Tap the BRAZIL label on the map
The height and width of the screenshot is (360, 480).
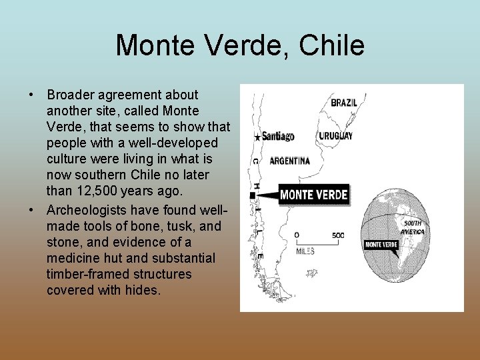click(x=344, y=103)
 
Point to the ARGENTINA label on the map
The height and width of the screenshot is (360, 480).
click(x=289, y=161)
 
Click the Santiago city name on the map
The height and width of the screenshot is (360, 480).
click(x=278, y=137)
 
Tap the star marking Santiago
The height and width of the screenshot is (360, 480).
click(x=257, y=137)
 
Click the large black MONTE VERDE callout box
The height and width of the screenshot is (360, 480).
click(x=313, y=195)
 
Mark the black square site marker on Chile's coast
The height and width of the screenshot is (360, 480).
click(x=252, y=195)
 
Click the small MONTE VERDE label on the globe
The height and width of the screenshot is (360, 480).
click(x=381, y=245)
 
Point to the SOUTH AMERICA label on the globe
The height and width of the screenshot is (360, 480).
click(x=412, y=227)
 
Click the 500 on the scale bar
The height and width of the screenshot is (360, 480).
click(x=338, y=235)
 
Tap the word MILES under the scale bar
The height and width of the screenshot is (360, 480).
click(x=306, y=251)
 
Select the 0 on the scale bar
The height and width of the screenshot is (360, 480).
click(x=296, y=235)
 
